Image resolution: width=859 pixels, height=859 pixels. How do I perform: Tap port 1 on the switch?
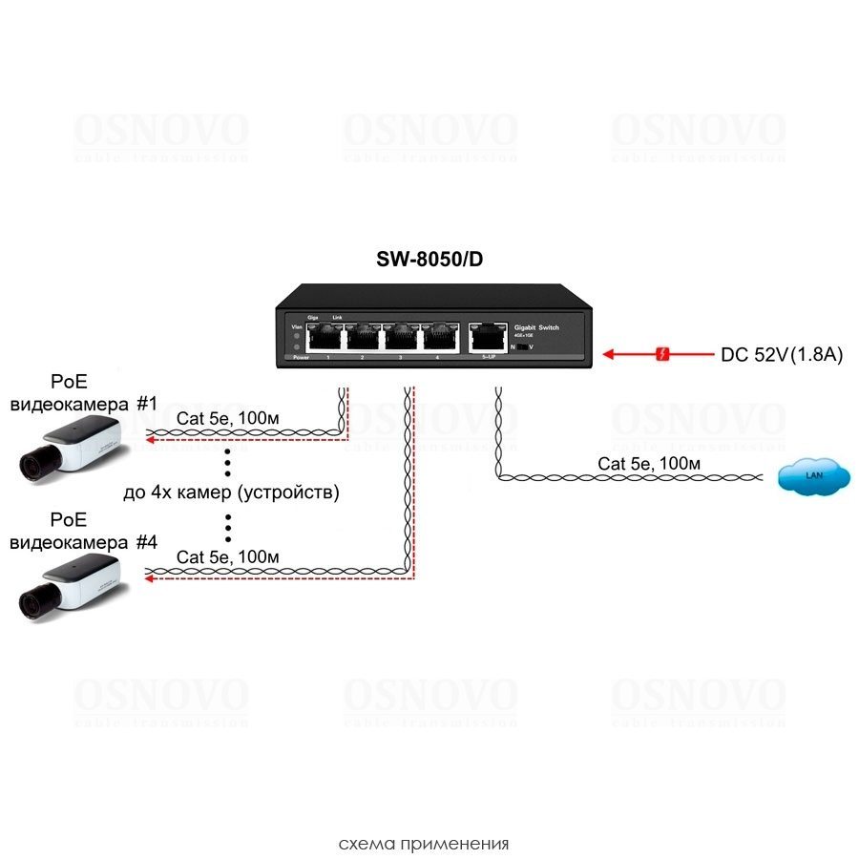pos(327,336)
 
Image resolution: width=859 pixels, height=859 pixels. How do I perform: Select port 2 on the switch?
pos(365,336)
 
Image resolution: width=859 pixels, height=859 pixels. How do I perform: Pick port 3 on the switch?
pos(402,336)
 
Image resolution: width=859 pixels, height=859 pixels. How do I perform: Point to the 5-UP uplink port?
pos(486,336)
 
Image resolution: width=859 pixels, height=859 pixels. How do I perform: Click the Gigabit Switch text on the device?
pos(535,327)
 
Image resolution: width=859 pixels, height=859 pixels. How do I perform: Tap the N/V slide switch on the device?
pos(521,347)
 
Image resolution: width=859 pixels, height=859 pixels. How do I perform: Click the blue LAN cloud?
pos(813,475)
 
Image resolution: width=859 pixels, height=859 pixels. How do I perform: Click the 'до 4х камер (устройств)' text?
pos(232,492)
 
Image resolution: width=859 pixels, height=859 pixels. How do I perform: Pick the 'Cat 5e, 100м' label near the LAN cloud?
pos(649,463)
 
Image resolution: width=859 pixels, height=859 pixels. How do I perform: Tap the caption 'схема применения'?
pos(424,844)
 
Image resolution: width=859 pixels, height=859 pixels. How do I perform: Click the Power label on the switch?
pos(301,357)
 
